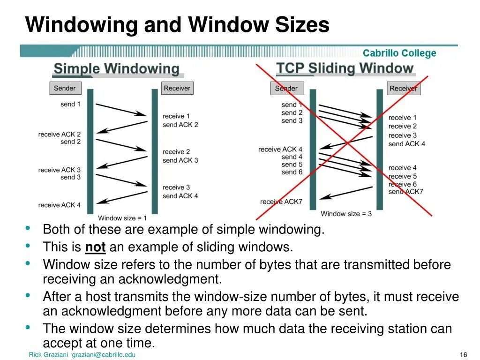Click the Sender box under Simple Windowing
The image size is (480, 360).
65,88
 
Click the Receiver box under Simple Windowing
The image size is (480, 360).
177,88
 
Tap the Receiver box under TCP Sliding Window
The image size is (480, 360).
403,88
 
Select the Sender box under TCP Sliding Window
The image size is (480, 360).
286,88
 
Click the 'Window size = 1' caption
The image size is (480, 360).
122,218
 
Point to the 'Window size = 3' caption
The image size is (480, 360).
346,214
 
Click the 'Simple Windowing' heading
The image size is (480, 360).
116,69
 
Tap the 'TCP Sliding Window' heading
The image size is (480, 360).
345,68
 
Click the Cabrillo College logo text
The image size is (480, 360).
399,53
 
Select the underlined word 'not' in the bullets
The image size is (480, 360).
95,247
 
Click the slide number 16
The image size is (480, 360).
465,354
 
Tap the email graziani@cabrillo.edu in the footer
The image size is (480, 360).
104,355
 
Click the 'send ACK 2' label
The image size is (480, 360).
180,125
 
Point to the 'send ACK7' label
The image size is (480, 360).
405,192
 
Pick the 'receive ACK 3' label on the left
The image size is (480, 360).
60,170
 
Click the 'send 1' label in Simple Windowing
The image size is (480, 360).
70,104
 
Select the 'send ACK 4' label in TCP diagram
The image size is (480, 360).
406,144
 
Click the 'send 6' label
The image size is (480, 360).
292,172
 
